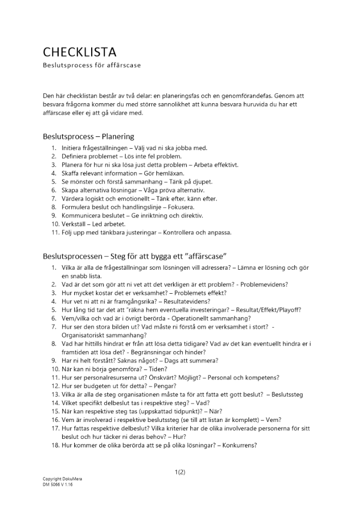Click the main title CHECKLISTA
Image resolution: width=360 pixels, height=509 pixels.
pos(79,52)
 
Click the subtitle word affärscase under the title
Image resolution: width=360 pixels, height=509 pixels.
pos(122,66)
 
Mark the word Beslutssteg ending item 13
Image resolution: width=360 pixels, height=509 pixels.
pos(288,394)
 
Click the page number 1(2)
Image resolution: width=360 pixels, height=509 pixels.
pos(180,472)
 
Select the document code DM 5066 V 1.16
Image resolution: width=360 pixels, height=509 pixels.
pos(58,485)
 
